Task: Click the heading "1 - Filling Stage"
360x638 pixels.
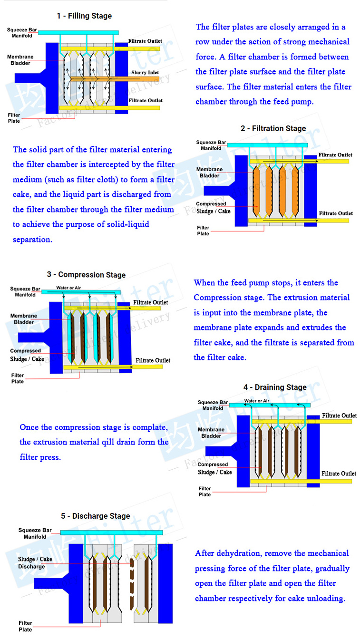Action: (x=84, y=16)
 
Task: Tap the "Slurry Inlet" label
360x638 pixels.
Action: (x=145, y=73)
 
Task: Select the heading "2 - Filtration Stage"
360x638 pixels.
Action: (x=273, y=128)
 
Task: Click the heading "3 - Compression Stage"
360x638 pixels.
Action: (x=86, y=275)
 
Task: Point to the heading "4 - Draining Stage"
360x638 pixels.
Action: (x=275, y=387)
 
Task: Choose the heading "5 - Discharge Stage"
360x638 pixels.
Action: (x=95, y=516)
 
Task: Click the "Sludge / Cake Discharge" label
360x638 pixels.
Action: (x=35, y=563)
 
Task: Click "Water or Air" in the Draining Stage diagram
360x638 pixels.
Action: (x=257, y=401)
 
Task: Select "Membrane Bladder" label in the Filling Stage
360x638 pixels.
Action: (x=20, y=60)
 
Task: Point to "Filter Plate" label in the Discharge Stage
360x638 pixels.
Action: (x=26, y=626)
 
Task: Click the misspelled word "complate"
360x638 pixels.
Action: (x=149, y=427)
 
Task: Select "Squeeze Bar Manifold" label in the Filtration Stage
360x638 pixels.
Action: (x=212, y=145)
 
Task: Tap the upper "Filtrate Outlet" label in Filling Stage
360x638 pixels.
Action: (x=145, y=41)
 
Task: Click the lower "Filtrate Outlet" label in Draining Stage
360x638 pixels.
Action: (x=339, y=474)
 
